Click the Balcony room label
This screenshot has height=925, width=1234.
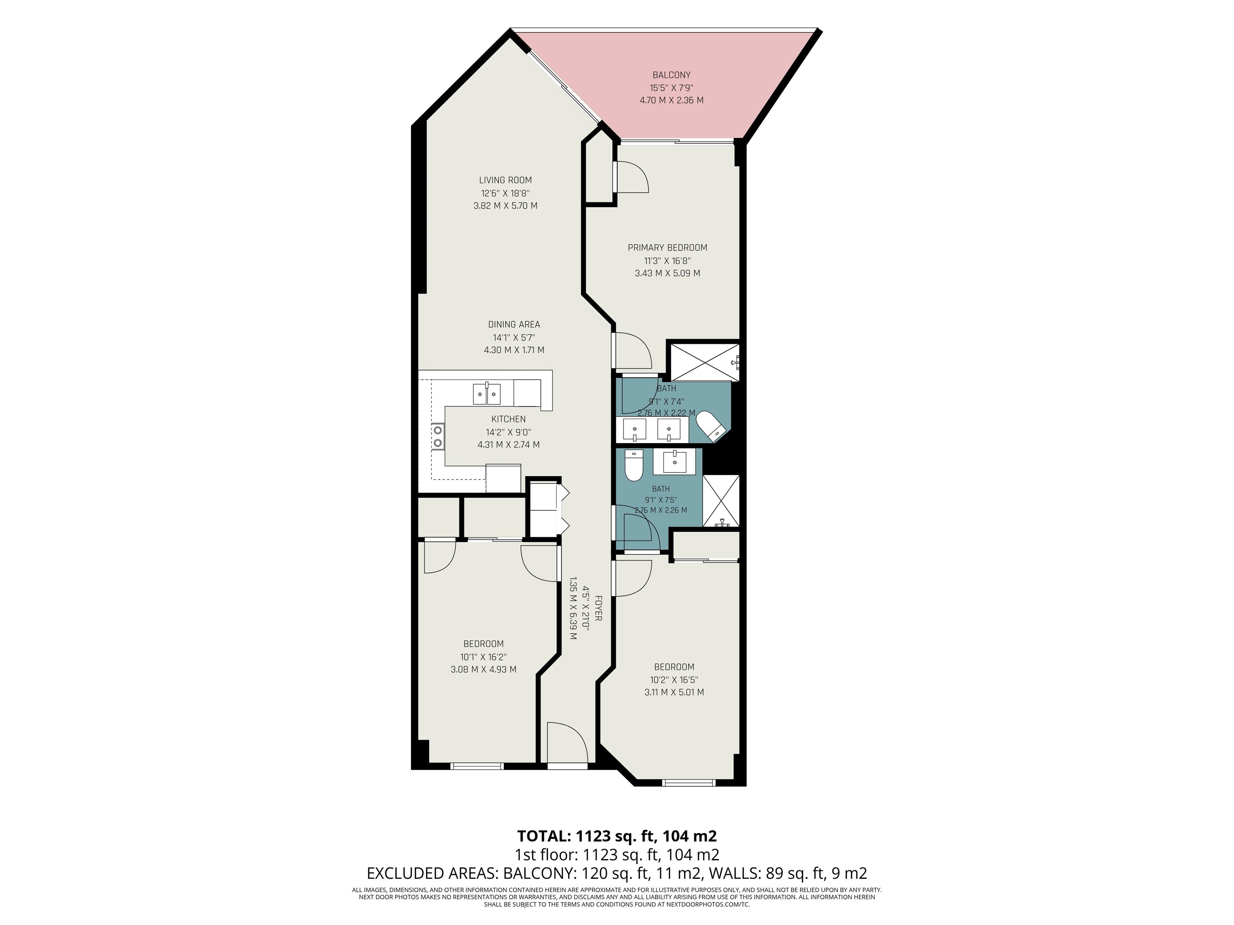point(671,75)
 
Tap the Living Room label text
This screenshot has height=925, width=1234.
point(505,180)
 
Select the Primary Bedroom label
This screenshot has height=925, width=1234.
point(667,248)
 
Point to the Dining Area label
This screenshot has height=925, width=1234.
point(514,324)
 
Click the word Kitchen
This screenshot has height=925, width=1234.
point(508,419)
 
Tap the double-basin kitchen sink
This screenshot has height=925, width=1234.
point(486,393)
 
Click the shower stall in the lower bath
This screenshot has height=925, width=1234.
point(721,501)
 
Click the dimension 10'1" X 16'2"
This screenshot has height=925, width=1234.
point(484,657)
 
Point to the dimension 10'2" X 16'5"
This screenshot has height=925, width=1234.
point(674,680)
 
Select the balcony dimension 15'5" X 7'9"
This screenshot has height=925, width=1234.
point(671,88)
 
